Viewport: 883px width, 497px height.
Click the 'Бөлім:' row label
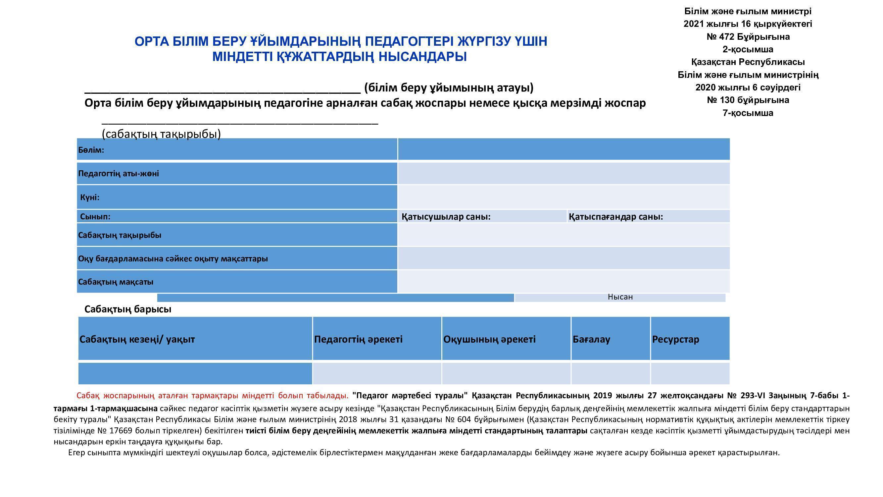click(91, 150)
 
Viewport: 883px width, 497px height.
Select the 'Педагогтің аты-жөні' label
click(119, 174)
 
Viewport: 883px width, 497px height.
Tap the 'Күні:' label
click(90, 197)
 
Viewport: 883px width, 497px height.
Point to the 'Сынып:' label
click(95, 216)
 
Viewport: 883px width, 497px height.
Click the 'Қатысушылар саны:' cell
click(446, 217)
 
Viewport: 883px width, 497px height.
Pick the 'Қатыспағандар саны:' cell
click(615, 217)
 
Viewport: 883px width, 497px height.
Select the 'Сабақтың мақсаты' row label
click(116, 282)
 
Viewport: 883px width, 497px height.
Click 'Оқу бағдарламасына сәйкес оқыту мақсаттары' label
click(173, 259)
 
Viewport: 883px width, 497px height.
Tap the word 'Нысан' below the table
click(620, 297)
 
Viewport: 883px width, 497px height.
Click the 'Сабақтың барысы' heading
click(128, 309)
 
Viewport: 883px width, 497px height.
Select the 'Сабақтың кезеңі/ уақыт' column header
click(137, 339)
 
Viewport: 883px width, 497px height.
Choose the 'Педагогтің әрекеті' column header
click(358, 339)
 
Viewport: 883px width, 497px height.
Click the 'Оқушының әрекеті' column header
click(489, 339)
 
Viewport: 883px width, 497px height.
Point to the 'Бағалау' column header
click(591, 339)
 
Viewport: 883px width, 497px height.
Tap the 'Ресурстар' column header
click(675, 339)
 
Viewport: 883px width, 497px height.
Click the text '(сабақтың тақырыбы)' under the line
click(161, 134)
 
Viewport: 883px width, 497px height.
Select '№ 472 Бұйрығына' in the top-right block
click(748, 37)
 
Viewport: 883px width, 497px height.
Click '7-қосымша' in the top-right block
click(748, 113)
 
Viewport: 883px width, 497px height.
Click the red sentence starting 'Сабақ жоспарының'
click(212, 396)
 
